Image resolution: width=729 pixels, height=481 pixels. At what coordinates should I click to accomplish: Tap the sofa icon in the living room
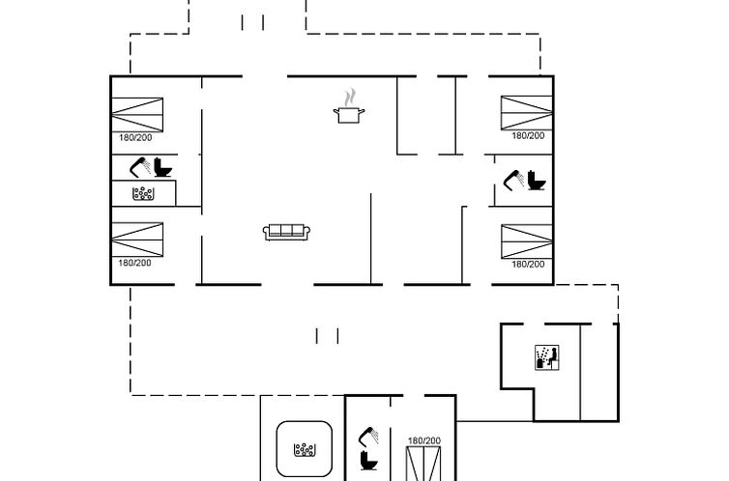pyautogui.click(x=286, y=232)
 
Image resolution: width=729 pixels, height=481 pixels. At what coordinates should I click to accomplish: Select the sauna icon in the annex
pyautogui.click(x=546, y=356)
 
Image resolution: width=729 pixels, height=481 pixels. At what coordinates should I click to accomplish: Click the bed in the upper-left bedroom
pyautogui.click(x=137, y=114)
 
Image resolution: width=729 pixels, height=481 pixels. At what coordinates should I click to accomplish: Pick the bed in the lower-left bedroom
pyautogui.click(x=137, y=240)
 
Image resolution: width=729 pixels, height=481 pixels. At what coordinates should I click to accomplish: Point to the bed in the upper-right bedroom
pyautogui.click(x=526, y=113)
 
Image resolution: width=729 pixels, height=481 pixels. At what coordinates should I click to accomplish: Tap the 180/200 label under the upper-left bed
pyautogui.click(x=135, y=137)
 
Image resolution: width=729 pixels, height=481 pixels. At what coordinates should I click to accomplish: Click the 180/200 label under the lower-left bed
pyautogui.click(x=135, y=263)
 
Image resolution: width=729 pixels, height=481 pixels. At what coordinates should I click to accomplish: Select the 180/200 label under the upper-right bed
pyautogui.click(x=528, y=136)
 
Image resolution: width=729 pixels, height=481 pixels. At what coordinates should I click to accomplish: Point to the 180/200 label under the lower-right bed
pyautogui.click(x=528, y=264)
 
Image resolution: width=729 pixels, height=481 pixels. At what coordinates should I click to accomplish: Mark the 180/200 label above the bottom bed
pyautogui.click(x=423, y=440)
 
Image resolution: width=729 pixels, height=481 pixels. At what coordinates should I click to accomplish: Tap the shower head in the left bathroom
pyautogui.click(x=141, y=164)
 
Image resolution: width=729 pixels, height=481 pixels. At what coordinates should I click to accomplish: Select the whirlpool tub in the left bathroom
pyautogui.click(x=145, y=193)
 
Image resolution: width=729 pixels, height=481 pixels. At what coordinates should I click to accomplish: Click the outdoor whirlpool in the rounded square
pyautogui.click(x=306, y=449)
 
